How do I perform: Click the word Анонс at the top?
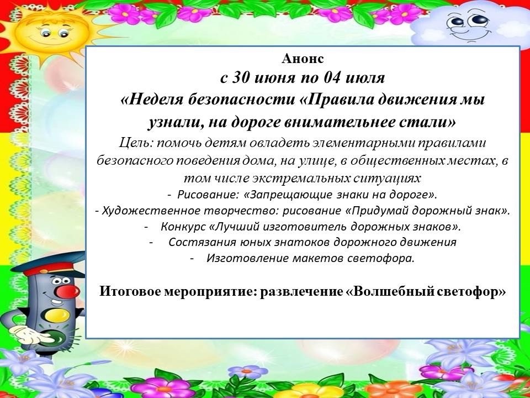pos(303,59)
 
